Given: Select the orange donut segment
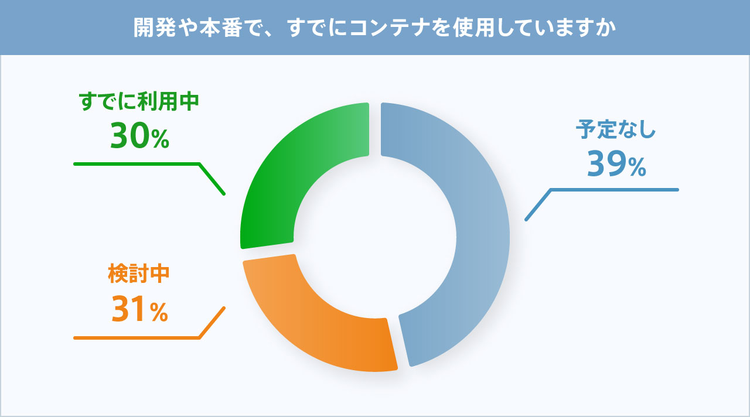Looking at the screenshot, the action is tap(311, 331).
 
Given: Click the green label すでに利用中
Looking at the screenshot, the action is tap(139, 101).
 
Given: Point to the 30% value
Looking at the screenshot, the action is tap(139, 135).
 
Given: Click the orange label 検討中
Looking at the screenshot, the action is tap(139, 274).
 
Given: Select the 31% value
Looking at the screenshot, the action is tap(139, 309).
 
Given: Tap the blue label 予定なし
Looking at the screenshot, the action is tap(615, 129).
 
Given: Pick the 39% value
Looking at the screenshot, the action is tap(616, 163).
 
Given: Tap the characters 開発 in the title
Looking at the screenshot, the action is tap(155, 28).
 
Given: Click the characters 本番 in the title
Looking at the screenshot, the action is tap(221, 28).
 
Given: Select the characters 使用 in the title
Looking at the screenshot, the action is tap(474, 28).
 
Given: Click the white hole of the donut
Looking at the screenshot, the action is tap(375, 237).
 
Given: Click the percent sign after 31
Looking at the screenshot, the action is tap(159, 313).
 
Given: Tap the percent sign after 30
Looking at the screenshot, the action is tap(161, 139).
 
